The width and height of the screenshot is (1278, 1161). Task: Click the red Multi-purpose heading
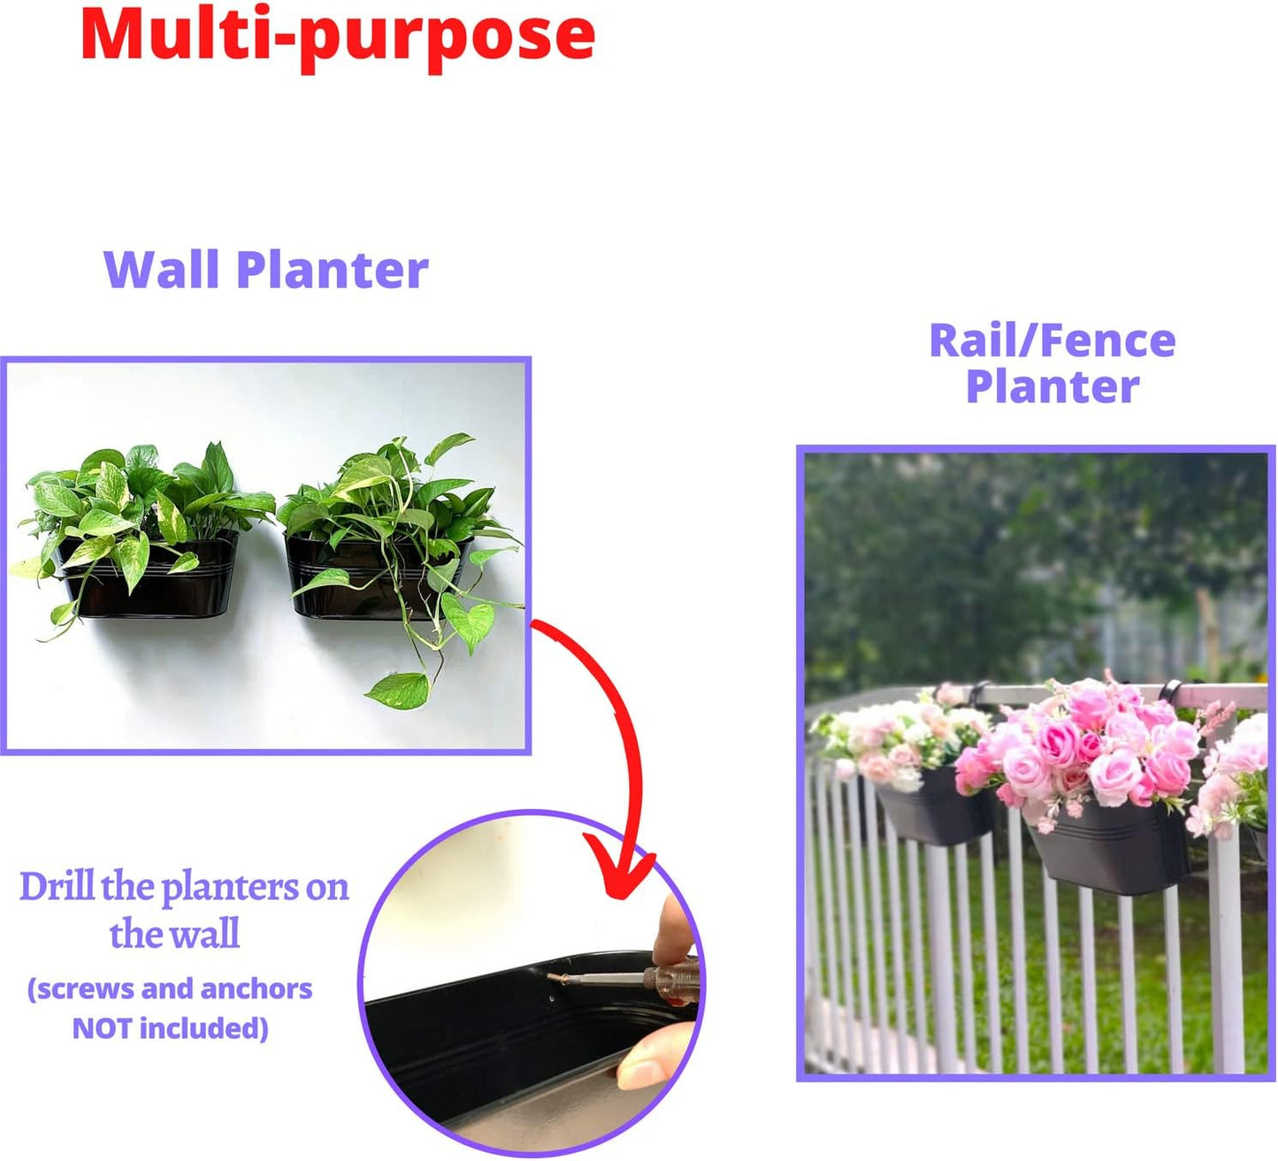(337, 35)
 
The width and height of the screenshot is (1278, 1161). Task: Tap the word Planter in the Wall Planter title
(333, 270)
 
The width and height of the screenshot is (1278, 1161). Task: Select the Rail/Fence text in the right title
(1052, 340)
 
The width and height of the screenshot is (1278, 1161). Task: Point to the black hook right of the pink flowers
(1170, 689)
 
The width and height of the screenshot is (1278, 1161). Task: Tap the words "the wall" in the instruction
(174, 934)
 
